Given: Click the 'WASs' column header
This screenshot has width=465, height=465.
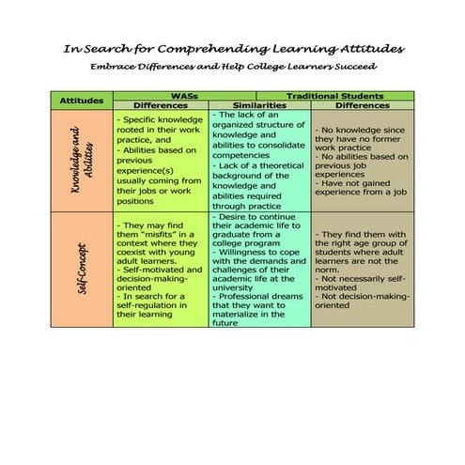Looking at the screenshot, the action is click(x=183, y=96).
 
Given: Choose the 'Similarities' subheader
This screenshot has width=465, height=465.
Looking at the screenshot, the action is click(x=258, y=105).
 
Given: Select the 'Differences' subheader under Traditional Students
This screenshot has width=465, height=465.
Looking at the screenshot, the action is click(x=362, y=105).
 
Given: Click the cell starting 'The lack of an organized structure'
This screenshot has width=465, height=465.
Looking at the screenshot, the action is click(x=259, y=160).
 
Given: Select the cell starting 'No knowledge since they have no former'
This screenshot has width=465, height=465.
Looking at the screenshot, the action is click(x=361, y=160).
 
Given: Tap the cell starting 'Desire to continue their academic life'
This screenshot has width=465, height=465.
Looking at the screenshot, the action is click(x=259, y=269).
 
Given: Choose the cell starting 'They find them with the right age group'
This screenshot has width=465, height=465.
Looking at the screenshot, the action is click(x=361, y=270).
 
